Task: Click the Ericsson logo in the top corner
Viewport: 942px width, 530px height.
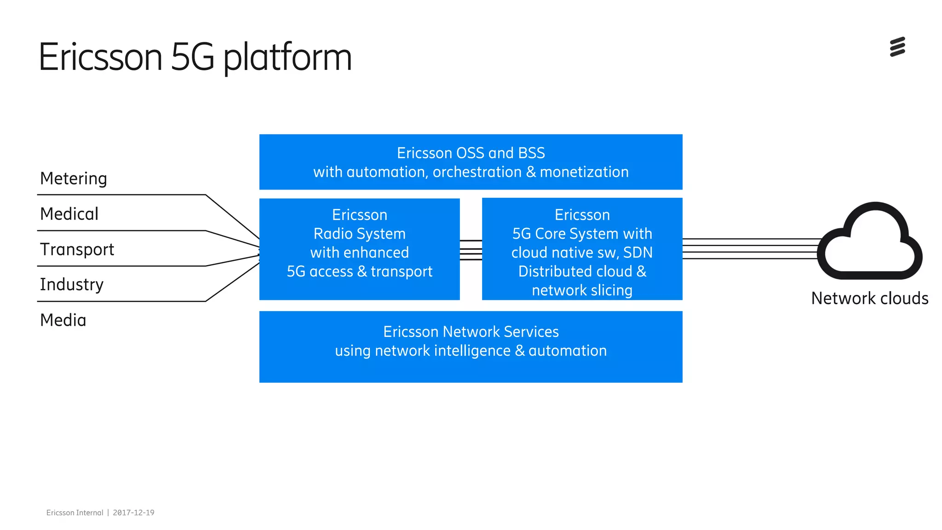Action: pyautogui.click(x=897, y=47)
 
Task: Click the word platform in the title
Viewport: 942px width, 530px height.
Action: pyautogui.click(x=287, y=58)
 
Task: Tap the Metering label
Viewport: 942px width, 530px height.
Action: pyautogui.click(x=74, y=179)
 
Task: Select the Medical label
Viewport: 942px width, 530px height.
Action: pyautogui.click(x=69, y=214)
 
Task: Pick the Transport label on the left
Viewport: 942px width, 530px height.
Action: pyautogui.click(x=77, y=249)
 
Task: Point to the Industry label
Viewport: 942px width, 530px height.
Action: pyautogui.click(x=72, y=285)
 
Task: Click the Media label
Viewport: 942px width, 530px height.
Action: pyautogui.click(x=63, y=320)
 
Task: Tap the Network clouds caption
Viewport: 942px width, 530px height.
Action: pyautogui.click(x=869, y=299)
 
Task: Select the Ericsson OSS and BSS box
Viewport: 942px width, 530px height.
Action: pyautogui.click(x=471, y=162)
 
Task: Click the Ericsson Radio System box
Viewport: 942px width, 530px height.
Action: pyautogui.click(x=359, y=249)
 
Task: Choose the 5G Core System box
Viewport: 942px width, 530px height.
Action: pyautogui.click(x=582, y=249)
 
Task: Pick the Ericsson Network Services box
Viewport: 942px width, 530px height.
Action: pyautogui.click(x=471, y=346)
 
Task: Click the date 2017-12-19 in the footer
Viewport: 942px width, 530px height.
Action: pyautogui.click(x=133, y=513)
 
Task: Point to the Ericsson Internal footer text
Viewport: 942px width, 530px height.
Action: pyautogui.click(x=75, y=513)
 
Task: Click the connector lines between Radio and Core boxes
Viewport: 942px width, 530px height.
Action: pyautogui.click(x=471, y=250)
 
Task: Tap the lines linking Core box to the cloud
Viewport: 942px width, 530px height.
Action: pyautogui.click(x=750, y=249)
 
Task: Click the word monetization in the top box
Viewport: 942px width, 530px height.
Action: pyautogui.click(x=584, y=172)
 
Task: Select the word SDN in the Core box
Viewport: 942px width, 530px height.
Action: pyautogui.click(x=638, y=253)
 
